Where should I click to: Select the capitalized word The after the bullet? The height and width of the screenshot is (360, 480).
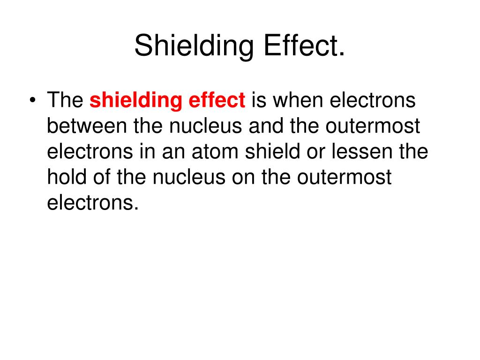(x=65, y=100)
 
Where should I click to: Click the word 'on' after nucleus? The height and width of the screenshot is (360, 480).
(x=256, y=178)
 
